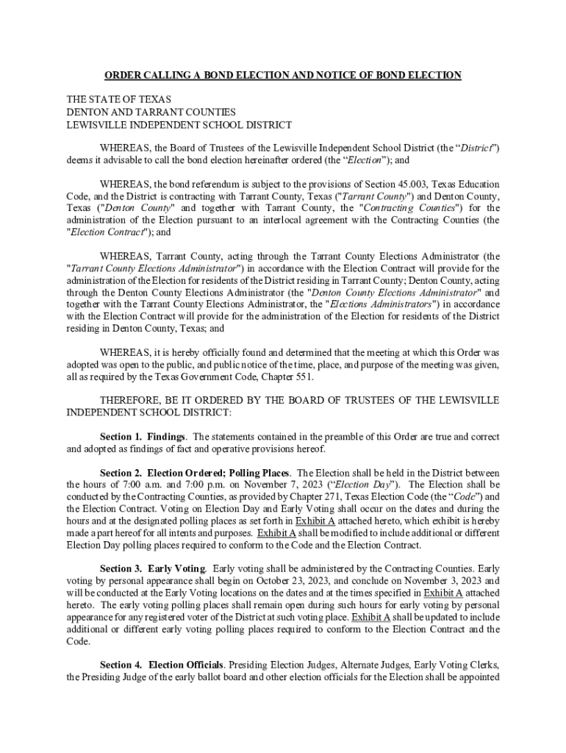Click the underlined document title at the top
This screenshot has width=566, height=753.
(282, 75)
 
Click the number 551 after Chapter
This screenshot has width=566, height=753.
(304, 376)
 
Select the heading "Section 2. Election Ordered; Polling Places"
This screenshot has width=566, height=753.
(196, 473)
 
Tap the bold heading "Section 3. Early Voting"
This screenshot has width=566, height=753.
(153, 568)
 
